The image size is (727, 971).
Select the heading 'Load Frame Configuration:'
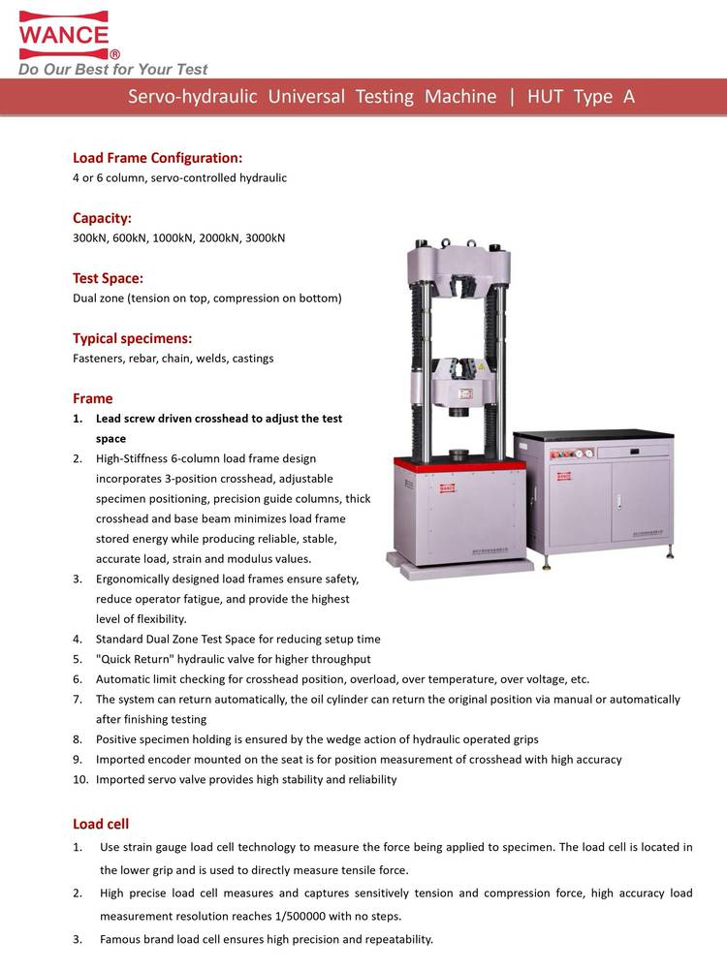157,158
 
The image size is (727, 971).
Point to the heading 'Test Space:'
108,278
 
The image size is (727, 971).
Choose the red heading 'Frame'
92,398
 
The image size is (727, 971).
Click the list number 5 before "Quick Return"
77,659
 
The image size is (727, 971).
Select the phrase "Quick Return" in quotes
136,659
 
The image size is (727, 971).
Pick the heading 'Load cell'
100,825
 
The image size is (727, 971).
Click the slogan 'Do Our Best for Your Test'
112,70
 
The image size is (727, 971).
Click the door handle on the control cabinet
614,501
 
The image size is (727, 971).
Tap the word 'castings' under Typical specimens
251,359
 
